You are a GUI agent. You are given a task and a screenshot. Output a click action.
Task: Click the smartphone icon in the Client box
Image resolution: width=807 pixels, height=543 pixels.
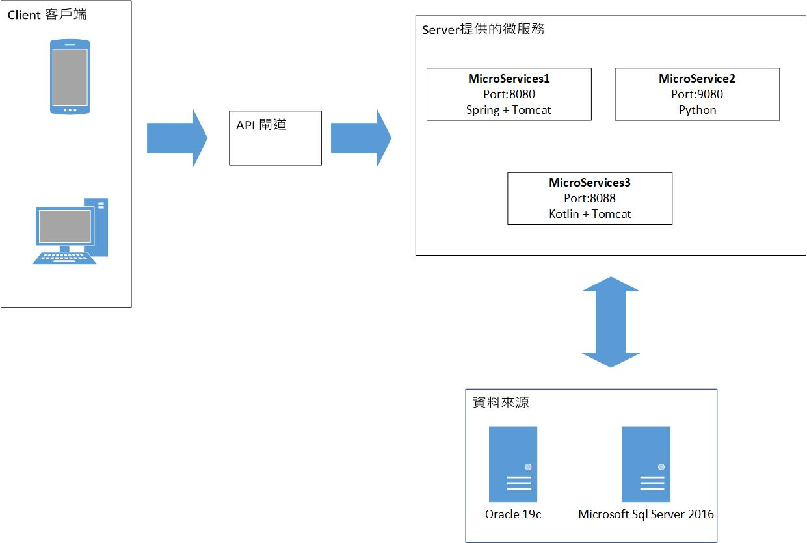[70, 77]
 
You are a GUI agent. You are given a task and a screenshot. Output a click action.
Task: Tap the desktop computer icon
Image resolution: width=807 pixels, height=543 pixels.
[70, 232]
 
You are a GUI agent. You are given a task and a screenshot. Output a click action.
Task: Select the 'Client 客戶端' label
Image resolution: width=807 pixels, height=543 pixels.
[47, 14]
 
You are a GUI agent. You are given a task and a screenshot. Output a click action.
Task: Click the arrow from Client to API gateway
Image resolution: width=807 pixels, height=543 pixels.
[176, 138]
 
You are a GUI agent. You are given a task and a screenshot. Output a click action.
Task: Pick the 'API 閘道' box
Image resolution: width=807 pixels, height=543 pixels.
[275, 138]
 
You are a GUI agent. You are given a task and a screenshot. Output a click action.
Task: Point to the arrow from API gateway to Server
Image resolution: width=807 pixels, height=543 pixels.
[360, 138]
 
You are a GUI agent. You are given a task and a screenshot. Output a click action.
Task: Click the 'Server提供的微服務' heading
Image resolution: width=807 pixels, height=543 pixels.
[483, 29]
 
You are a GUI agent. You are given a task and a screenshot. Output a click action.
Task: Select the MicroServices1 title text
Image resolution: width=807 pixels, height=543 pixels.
[509, 79]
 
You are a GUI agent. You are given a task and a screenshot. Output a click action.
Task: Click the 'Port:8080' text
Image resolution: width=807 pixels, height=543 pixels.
[509, 94]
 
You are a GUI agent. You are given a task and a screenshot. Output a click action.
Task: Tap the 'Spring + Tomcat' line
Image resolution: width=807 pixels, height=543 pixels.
[509, 110]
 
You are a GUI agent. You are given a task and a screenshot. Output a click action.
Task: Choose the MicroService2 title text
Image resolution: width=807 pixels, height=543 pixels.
[697, 79]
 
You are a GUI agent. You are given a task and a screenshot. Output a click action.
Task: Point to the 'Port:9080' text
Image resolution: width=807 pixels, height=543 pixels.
[697, 94]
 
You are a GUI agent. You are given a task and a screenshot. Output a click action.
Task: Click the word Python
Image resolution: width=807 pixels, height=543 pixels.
[697, 110]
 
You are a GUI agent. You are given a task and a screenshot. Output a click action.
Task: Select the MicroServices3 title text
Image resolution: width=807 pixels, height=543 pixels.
[589, 183]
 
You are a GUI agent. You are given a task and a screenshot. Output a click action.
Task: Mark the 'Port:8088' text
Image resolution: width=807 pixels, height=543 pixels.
[589, 198]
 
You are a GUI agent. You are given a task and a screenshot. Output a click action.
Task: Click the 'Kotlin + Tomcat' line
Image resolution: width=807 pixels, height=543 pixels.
[589, 214]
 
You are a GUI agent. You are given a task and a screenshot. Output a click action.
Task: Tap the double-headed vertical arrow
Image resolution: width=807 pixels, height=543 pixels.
[611, 322]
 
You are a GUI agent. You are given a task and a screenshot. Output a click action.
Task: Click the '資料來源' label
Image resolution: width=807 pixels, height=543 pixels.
[501, 403]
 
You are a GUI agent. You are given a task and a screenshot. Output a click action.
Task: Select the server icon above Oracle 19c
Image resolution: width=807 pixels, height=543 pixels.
[513, 464]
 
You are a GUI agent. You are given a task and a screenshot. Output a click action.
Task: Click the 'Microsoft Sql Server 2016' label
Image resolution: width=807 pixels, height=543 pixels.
[646, 514]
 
